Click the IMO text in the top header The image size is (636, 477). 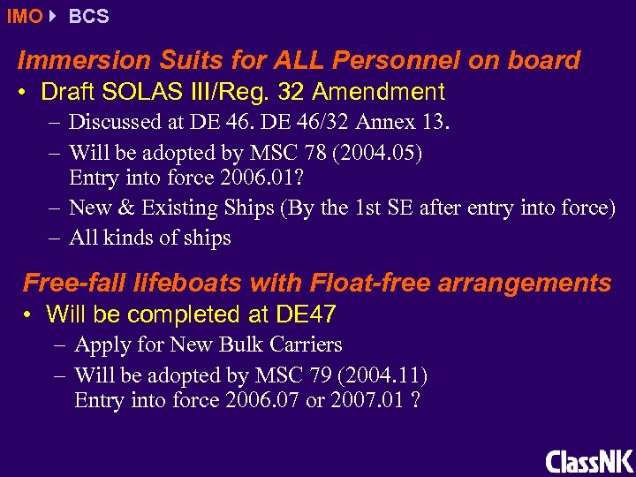pos(24,17)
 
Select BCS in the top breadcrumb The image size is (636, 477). pos(88,17)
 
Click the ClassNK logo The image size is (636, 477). pos(588,460)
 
